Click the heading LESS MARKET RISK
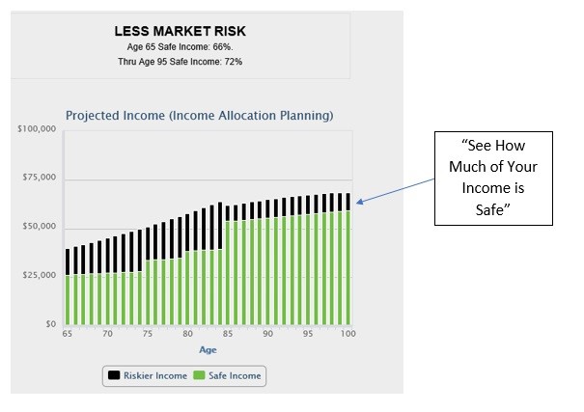click(180, 31)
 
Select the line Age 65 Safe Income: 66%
click(180, 47)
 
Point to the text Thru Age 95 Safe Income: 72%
click(180, 62)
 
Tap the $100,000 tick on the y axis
click(37, 128)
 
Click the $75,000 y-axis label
click(40, 178)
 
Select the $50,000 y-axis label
click(40, 227)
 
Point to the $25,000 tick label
click(40, 275)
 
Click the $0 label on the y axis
click(51, 324)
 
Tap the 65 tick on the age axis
click(67, 334)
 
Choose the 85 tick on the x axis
click(228, 334)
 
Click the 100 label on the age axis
click(348, 334)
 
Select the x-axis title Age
click(208, 350)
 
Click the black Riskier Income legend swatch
click(114, 375)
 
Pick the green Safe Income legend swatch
click(199, 375)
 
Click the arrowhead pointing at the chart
click(359, 202)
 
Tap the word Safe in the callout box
click(489, 210)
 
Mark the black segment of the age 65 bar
click(68, 262)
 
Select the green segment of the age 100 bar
click(348, 268)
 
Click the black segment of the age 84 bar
click(220, 226)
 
